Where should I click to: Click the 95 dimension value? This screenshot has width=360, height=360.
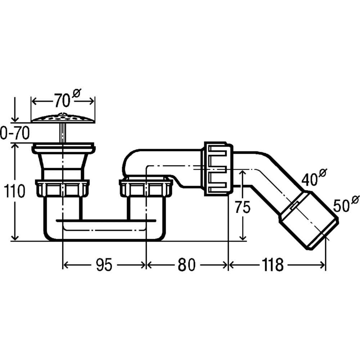[104, 265]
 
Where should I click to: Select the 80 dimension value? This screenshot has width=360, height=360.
[186, 265]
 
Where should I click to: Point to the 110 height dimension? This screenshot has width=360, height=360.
[14, 191]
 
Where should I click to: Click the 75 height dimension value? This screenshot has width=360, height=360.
[243, 207]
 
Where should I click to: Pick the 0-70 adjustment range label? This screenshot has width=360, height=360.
[15, 133]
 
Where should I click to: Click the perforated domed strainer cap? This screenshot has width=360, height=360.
[63, 118]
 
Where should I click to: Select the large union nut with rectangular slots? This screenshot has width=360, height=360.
[219, 168]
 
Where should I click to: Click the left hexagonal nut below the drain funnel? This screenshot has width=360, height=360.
[62, 188]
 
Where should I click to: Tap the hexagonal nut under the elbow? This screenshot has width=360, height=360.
[146, 188]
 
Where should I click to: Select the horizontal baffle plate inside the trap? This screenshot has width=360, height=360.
[106, 221]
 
